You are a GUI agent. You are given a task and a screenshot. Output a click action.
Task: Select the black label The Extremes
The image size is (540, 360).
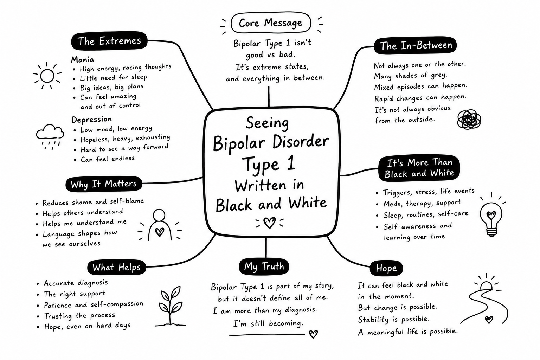point(109,41)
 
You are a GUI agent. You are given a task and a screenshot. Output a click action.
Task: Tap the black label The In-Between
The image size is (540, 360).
point(415,45)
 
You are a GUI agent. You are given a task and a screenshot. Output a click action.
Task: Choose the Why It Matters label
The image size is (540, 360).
point(104,184)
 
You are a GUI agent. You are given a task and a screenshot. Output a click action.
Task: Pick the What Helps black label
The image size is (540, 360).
point(117,267)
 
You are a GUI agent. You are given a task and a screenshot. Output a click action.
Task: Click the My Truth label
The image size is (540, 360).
point(264,266)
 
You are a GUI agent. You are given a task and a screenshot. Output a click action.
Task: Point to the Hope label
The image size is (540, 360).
point(386,268)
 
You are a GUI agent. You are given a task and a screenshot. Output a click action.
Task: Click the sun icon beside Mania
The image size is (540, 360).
point(47,76)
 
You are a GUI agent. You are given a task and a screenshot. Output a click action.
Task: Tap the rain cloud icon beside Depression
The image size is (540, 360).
point(50,137)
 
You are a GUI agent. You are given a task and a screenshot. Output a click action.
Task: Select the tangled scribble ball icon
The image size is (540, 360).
point(469,120)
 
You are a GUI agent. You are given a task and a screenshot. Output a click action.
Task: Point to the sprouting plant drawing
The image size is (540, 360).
point(171,306)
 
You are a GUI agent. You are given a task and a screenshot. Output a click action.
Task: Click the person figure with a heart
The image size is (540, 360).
point(159,225)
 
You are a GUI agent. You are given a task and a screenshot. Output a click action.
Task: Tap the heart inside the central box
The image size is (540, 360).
point(269,223)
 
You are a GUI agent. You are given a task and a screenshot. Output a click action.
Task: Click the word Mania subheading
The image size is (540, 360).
point(83,59)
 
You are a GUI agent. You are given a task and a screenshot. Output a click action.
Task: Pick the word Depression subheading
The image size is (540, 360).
point(92,120)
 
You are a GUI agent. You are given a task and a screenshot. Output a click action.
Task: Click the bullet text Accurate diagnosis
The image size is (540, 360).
point(76,283)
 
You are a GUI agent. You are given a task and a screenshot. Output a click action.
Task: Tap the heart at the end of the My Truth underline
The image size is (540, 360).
point(313,334)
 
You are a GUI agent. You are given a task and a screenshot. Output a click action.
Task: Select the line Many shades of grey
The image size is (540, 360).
point(411,76)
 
